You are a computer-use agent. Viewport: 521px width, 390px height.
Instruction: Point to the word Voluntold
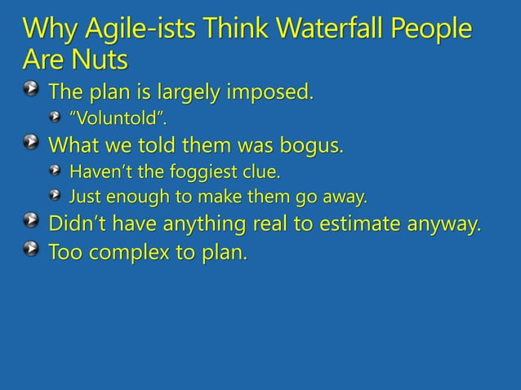pos(112,120)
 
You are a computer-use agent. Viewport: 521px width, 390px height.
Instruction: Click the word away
pos(346,197)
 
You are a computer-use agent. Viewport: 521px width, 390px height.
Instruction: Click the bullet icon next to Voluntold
pos(53,120)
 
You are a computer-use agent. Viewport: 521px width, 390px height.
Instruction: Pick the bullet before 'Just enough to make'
pos(53,197)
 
